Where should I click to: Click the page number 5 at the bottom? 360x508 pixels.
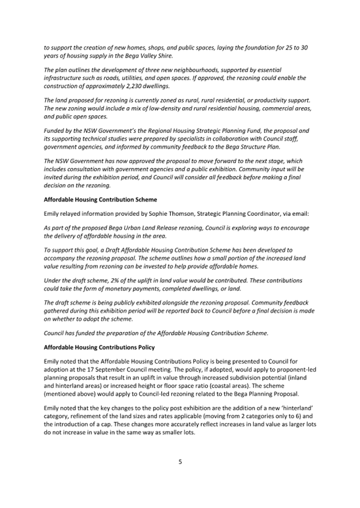[180, 462]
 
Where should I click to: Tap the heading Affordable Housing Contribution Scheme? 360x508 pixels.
[100, 199]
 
